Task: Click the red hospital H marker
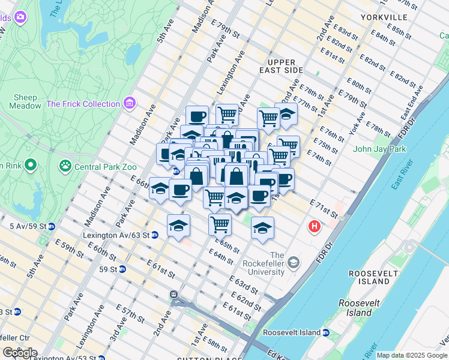(x=314, y=227)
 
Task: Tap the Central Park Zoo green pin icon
(x=64, y=164)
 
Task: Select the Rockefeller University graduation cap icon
(x=294, y=262)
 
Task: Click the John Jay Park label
(x=380, y=149)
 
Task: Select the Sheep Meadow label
(x=25, y=101)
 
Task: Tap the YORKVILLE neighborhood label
(x=384, y=17)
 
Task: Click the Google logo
(x=19, y=352)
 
